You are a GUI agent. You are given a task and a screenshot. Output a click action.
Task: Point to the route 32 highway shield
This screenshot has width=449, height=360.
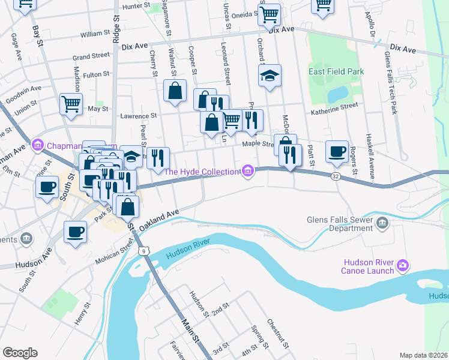[x=335, y=176]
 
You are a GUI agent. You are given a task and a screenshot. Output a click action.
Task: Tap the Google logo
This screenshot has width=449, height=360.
[x=20, y=352]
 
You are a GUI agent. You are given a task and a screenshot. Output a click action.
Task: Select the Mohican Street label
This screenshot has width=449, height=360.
[x=114, y=253]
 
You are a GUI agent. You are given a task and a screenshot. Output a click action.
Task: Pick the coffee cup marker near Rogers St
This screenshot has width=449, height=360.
[x=337, y=151]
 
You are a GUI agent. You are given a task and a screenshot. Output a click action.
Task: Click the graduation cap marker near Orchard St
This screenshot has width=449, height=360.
[x=270, y=76]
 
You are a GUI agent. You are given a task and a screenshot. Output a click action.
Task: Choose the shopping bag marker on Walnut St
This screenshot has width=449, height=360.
[x=175, y=91]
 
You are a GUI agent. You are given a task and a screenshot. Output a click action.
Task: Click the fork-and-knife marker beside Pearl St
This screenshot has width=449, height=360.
[x=158, y=158]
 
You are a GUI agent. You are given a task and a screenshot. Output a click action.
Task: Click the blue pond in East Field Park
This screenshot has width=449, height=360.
[x=337, y=94]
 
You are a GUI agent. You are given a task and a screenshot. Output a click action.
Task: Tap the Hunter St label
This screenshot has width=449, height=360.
[x=135, y=5]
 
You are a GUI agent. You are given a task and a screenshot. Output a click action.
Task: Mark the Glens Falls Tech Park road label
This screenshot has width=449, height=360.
[x=393, y=81]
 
